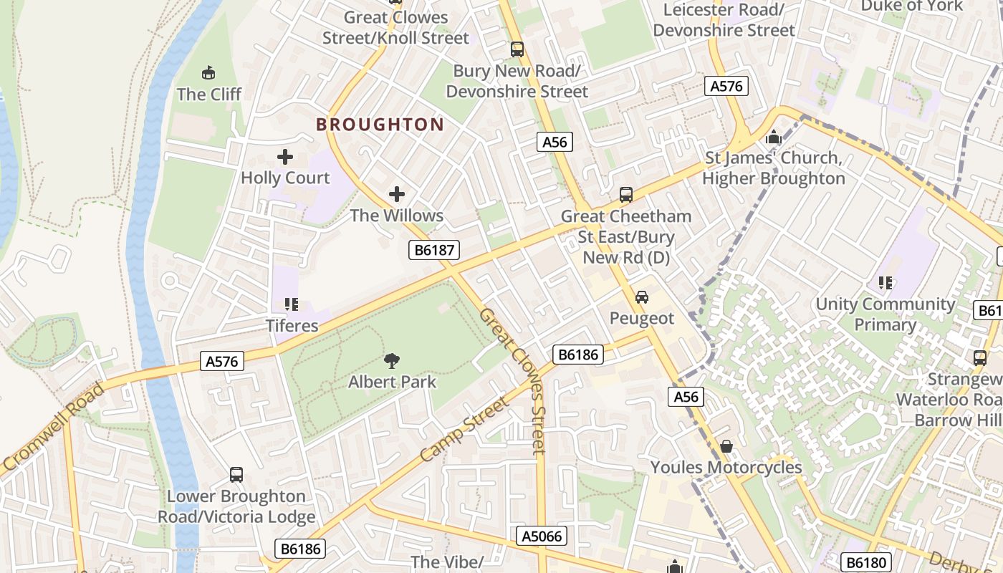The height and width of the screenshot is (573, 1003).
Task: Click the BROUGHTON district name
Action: click(380, 125)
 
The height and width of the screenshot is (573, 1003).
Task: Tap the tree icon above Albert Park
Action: click(392, 361)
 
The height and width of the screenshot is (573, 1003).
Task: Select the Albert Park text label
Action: click(392, 382)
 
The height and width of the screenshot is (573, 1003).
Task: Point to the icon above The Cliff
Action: click(208, 72)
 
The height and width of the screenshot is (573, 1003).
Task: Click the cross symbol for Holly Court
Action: click(285, 157)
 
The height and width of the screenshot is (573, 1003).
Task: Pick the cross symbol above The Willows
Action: click(396, 194)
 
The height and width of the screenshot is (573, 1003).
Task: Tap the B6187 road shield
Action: click(433, 250)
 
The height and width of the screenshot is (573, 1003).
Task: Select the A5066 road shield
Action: click(542, 536)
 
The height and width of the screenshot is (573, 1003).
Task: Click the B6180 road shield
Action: click(865, 562)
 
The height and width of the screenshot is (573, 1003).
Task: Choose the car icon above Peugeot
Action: click(642, 297)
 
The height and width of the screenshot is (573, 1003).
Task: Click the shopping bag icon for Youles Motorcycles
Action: click(726, 446)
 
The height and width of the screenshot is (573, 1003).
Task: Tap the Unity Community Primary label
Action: click(886, 314)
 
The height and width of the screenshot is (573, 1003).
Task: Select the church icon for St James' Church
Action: click(774, 137)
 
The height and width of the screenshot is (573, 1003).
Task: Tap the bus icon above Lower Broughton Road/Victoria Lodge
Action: click(236, 474)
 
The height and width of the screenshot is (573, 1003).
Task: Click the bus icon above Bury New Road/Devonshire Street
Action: click(517, 49)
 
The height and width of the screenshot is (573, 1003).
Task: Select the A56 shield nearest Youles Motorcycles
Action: click(686, 397)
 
